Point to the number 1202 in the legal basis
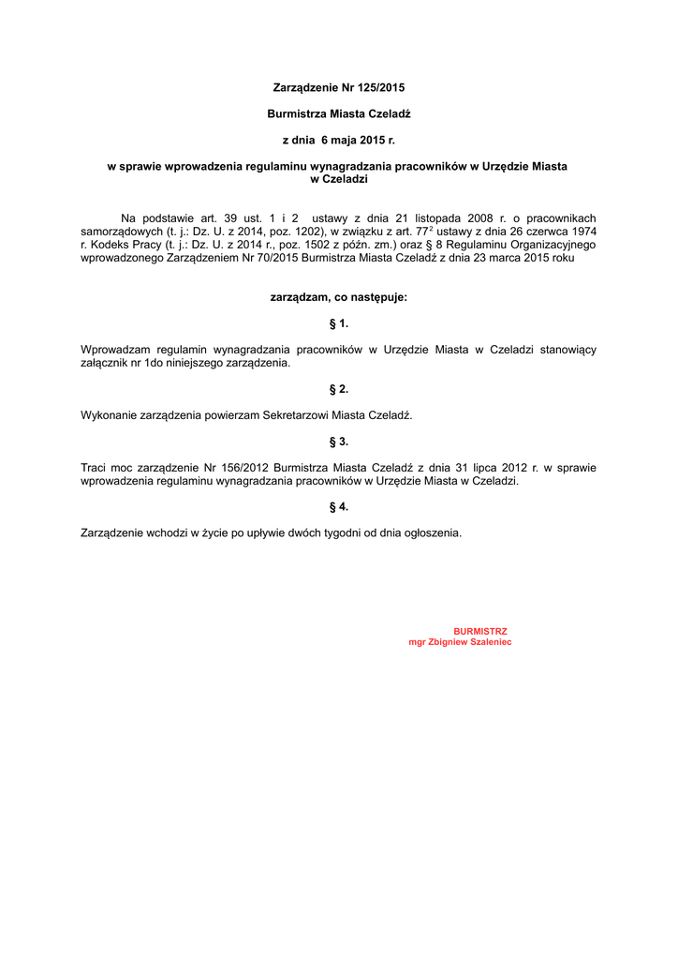[302, 231]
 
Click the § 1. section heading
[339, 323]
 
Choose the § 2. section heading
[339, 388]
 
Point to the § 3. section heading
[339, 441]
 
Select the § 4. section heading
[339, 506]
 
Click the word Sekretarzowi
[296, 414]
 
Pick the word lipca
[456, 467]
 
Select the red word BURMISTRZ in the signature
[480, 631]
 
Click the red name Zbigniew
[450, 642]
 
